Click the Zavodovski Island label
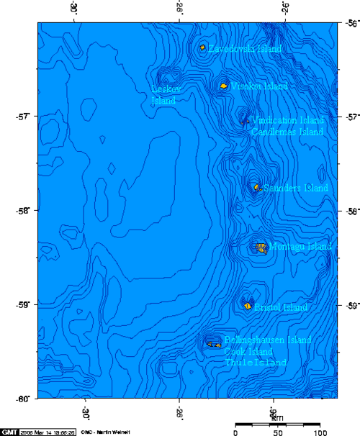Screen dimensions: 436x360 click(x=244, y=48)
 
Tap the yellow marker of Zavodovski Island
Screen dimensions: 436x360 click(x=203, y=47)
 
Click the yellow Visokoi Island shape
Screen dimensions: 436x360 click(x=224, y=86)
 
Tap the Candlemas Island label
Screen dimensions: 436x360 click(x=287, y=132)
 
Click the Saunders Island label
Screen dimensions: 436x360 click(x=295, y=188)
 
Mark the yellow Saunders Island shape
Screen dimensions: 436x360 click(x=256, y=188)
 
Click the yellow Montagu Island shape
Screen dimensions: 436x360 click(x=261, y=247)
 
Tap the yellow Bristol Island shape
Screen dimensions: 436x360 click(x=248, y=306)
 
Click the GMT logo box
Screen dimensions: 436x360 click(x=9, y=431)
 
